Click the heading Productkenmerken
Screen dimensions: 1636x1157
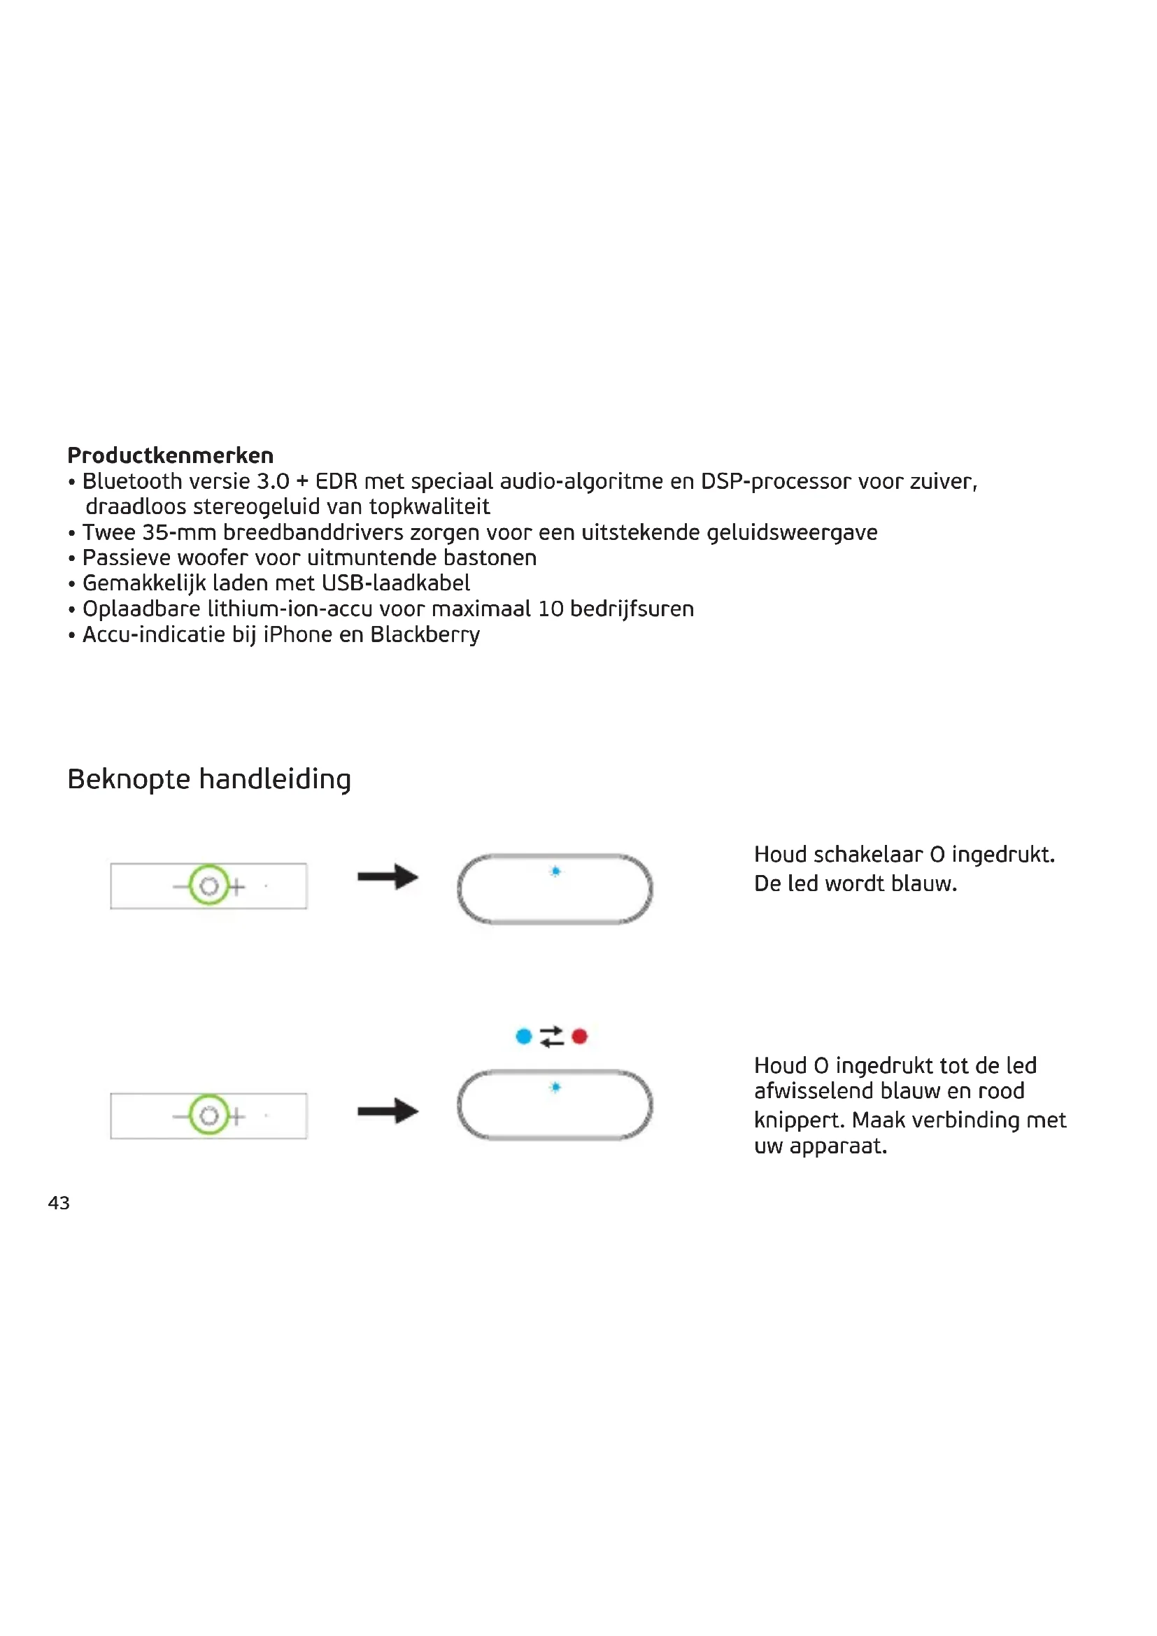click(x=170, y=455)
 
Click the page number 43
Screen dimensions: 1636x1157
click(x=59, y=1203)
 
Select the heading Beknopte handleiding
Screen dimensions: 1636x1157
click(x=208, y=778)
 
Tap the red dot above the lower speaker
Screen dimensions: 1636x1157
click(x=579, y=1036)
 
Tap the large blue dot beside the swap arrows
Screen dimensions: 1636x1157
click(x=524, y=1036)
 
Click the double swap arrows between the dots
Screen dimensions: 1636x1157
click(x=551, y=1036)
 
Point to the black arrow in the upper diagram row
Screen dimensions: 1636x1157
click(x=388, y=876)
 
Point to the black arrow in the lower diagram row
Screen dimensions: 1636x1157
click(x=388, y=1110)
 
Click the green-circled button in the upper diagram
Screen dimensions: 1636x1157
click(x=208, y=885)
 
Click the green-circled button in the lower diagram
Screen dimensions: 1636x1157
click(x=208, y=1115)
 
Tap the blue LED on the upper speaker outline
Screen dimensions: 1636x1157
click(x=555, y=871)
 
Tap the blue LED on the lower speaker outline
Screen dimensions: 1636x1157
click(x=555, y=1087)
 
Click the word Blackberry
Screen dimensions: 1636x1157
click(x=425, y=634)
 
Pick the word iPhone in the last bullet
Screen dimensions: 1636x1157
click(x=297, y=634)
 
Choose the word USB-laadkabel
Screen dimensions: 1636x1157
click(x=395, y=583)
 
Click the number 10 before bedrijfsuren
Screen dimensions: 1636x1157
click(x=550, y=609)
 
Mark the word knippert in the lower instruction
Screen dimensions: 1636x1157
click(x=799, y=1120)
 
